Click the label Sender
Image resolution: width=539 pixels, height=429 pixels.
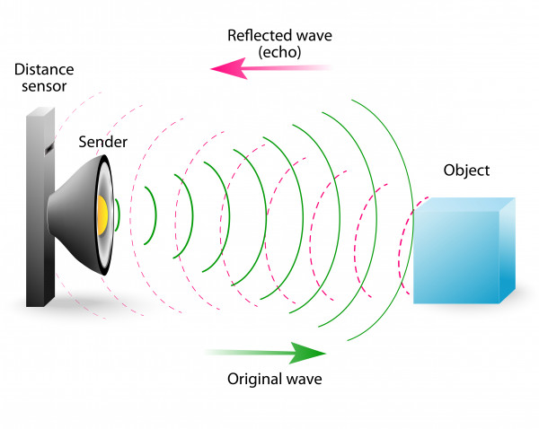pos(103,142)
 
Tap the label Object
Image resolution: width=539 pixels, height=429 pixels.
pos(466,171)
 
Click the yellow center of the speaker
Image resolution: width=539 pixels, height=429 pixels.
pos(103,214)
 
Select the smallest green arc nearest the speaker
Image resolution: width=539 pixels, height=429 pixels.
pos(117,215)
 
